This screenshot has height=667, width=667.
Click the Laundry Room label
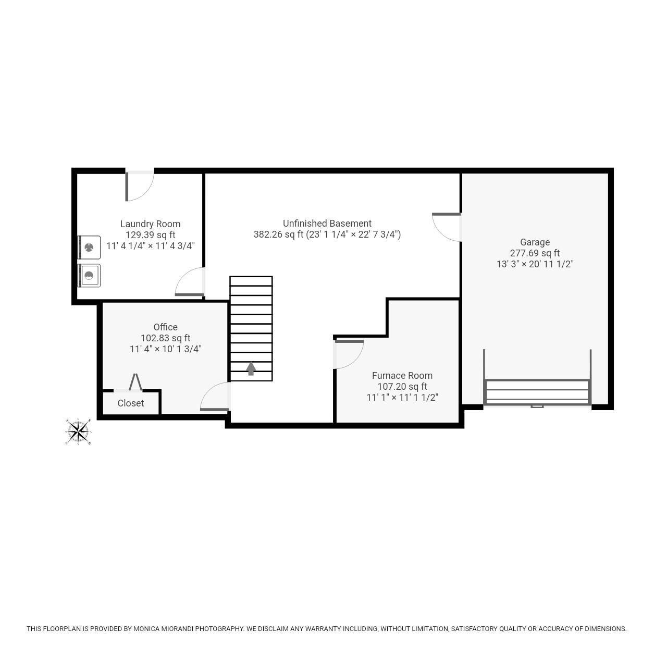click(150, 224)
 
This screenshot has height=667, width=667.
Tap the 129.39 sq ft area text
click(150, 234)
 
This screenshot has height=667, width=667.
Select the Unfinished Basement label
click(327, 223)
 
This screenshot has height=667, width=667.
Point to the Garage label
click(535, 242)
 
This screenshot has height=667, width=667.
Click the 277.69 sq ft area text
click(535, 253)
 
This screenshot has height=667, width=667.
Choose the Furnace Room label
click(402, 375)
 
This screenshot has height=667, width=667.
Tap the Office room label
click(165, 327)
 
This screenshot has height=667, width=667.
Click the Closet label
click(130, 403)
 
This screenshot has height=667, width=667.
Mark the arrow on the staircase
click(251, 368)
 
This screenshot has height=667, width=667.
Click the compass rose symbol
click(78, 431)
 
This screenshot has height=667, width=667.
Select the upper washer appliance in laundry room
click(89, 248)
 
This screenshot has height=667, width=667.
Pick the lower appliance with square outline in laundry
click(89, 275)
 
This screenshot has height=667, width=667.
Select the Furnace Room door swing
click(348, 354)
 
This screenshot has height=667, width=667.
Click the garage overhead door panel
click(537, 392)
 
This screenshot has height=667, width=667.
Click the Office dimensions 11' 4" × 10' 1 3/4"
click(165, 349)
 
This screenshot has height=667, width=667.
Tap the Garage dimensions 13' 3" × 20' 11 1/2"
click(535, 264)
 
